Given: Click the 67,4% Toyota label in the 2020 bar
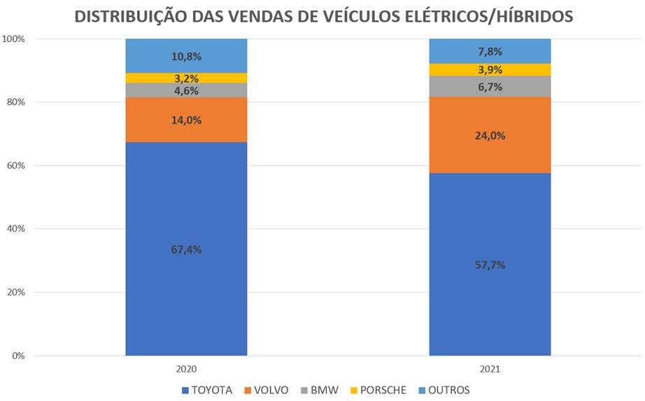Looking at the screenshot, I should (x=186, y=250).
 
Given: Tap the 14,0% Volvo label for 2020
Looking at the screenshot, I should (x=186, y=120).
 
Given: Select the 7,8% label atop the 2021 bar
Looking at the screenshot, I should (x=490, y=51).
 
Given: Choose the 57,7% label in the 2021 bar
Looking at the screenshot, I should (x=490, y=265).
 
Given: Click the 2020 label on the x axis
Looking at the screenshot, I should (x=186, y=368).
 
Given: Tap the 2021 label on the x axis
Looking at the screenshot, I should (x=490, y=368).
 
